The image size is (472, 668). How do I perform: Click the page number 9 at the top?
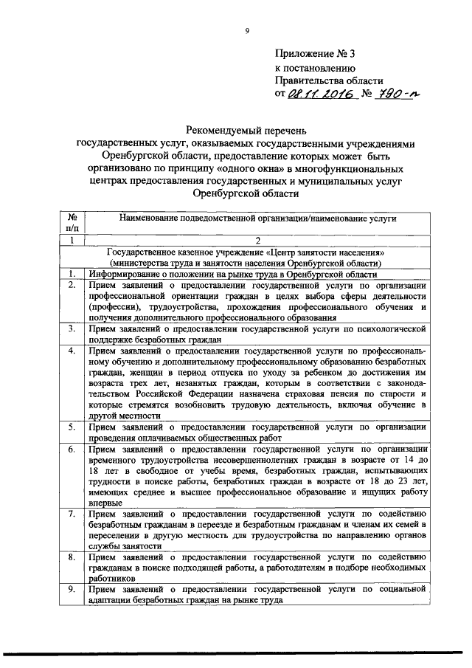[x=247, y=30]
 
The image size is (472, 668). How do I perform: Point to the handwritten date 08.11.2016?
[x=318, y=94]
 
